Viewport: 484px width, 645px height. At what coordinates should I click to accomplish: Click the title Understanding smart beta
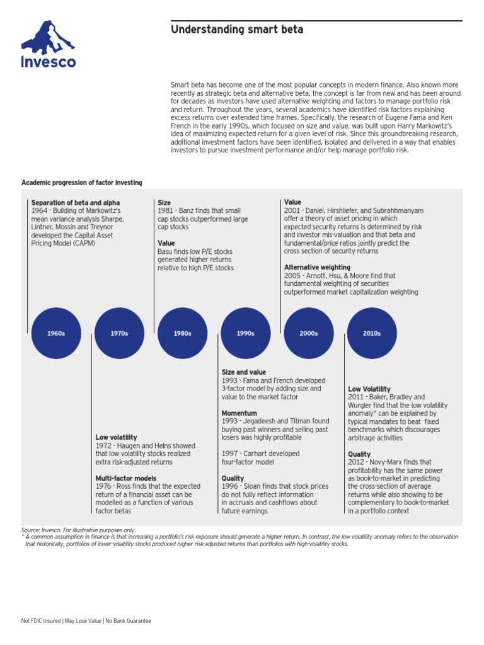[x=237, y=30]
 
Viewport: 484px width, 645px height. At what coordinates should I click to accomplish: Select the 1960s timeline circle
[x=56, y=333]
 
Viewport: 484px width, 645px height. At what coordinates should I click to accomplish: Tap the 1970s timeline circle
[x=119, y=333]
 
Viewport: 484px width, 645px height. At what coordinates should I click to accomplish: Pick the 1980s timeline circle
[x=182, y=333]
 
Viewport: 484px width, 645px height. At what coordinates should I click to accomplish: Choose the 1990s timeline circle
[x=245, y=333]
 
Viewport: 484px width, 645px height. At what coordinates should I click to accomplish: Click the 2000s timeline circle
[x=308, y=333]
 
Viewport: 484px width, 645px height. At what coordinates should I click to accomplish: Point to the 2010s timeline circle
[x=372, y=333]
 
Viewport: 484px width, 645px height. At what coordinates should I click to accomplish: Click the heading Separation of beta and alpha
[x=75, y=202]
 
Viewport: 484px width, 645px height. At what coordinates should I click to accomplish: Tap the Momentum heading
[x=237, y=413]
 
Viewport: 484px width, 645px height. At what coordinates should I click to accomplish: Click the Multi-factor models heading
[x=126, y=478]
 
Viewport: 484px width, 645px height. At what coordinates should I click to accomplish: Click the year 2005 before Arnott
[x=292, y=275]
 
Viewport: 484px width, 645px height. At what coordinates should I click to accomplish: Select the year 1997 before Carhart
[x=229, y=454]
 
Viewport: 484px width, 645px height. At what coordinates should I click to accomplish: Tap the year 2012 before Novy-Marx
[x=356, y=462]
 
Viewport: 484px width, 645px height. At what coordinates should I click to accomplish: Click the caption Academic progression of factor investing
[x=82, y=183]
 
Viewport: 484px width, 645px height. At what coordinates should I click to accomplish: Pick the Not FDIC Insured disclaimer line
[x=86, y=620]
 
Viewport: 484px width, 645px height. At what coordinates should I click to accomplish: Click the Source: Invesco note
[x=78, y=530]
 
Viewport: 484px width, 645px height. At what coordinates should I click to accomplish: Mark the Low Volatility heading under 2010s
[x=369, y=389]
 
